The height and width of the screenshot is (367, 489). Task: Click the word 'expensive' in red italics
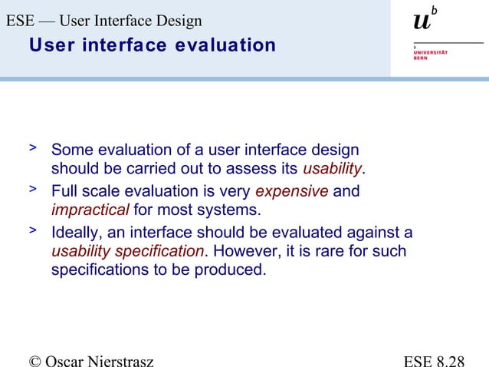[291, 190]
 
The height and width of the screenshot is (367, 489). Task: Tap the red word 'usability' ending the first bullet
[332, 169]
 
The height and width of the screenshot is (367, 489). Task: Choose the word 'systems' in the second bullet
[233, 210]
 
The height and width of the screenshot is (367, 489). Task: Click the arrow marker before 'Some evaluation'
[32, 146]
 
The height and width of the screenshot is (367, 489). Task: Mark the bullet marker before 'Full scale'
[32, 187]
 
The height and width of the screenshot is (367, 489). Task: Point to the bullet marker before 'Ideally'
[32, 229]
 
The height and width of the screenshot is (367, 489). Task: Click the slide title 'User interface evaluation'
[152, 45]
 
